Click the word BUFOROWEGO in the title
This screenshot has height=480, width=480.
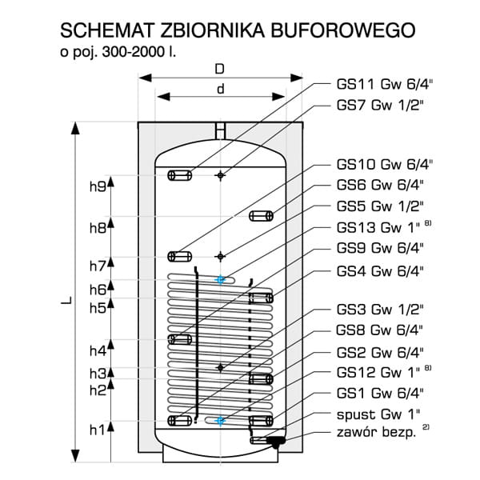[x=343, y=30]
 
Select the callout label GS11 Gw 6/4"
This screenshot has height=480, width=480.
[x=385, y=84]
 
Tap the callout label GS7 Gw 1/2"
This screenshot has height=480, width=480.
[x=380, y=106]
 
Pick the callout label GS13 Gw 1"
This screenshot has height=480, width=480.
[x=378, y=227]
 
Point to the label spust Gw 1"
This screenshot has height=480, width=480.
[x=378, y=414]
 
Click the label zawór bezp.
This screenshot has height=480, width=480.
[x=376, y=433]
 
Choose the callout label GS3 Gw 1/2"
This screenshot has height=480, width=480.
[x=380, y=310]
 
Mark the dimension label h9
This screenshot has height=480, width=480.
[x=98, y=186]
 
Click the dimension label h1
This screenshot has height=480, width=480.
[x=98, y=430]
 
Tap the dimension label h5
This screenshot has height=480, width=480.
[x=98, y=308]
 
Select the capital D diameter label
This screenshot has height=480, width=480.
[x=220, y=69]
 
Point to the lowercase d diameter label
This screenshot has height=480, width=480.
[x=221, y=89]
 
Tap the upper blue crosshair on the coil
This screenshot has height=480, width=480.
[x=220, y=279]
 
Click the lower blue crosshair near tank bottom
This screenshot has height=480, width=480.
[x=220, y=421]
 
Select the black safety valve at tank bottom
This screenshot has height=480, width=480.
[x=276, y=441]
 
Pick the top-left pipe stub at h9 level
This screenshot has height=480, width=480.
[x=180, y=175]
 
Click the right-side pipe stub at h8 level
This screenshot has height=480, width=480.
[x=261, y=216]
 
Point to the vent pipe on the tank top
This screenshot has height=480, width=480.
[x=220, y=131]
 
